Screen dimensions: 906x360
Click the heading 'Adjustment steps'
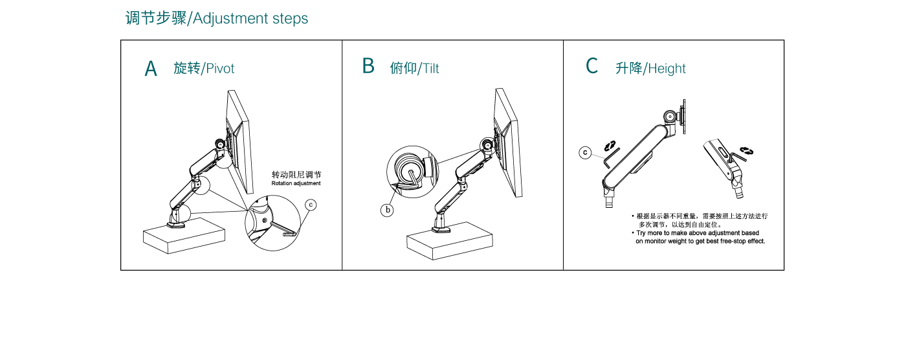point(250,19)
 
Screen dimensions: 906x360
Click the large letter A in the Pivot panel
point(150,69)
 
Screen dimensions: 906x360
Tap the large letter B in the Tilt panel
point(368,66)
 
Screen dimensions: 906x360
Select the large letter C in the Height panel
point(591,66)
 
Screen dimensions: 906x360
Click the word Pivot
point(220,69)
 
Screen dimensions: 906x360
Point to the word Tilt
point(431,69)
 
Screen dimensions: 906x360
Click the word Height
point(667,69)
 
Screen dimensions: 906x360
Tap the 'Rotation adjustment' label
point(296,183)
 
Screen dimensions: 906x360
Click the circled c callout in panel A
point(311,205)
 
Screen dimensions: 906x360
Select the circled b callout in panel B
point(387,210)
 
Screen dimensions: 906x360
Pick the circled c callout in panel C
point(585,153)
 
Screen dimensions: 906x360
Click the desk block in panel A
point(184,236)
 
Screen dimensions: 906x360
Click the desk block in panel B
point(450,240)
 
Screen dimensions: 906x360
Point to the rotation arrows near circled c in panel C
point(610,145)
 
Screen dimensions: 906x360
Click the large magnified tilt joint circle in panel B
point(413,172)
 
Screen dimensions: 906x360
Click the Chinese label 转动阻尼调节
point(296,175)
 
